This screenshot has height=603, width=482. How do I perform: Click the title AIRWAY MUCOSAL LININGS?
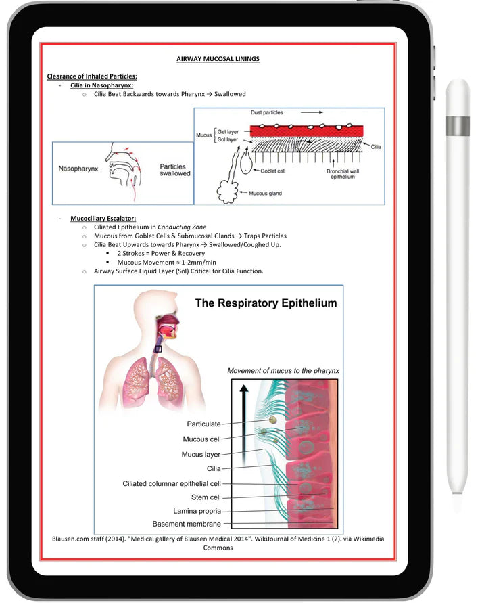(x=218, y=59)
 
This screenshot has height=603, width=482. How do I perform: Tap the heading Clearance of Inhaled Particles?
(x=91, y=75)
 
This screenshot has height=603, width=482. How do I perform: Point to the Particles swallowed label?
(x=174, y=170)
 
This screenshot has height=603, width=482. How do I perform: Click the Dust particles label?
(x=266, y=112)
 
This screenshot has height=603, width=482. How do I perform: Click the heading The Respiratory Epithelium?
(x=266, y=303)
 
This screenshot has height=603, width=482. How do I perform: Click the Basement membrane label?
(x=187, y=524)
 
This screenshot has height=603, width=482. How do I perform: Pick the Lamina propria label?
(x=197, y=511)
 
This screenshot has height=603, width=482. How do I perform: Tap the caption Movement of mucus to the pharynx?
(x=283, y=371)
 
